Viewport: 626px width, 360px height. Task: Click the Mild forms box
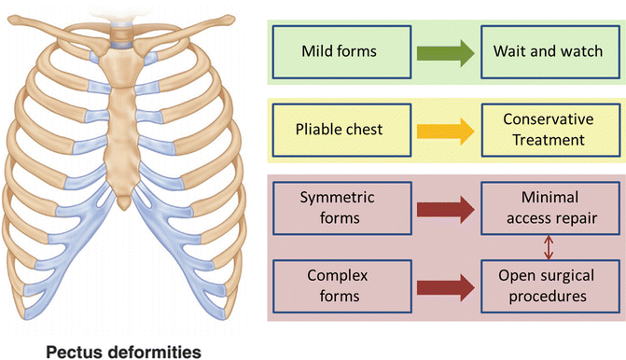click(341, 52)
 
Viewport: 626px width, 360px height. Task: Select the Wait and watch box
click(550, 52)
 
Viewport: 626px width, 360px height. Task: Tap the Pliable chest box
click(341, 131)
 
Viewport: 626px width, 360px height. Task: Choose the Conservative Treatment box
click(550, 131)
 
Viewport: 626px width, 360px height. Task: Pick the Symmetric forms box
click(341, 208)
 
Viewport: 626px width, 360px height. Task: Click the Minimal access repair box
click(550, 208)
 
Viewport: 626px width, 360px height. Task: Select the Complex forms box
click(341, 286)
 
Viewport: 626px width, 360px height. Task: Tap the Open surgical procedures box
click(550, 286)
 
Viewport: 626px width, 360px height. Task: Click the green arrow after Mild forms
click(446, 53)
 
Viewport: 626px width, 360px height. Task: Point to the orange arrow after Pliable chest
click(446, 132)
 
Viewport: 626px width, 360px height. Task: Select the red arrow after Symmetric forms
click(446, 210)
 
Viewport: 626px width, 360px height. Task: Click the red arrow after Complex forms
click(446, 287)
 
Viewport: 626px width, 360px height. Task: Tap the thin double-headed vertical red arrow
click(549, 247)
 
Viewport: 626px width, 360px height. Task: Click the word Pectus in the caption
click(74, 353)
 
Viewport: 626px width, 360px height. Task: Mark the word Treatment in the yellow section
click(549, 140)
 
